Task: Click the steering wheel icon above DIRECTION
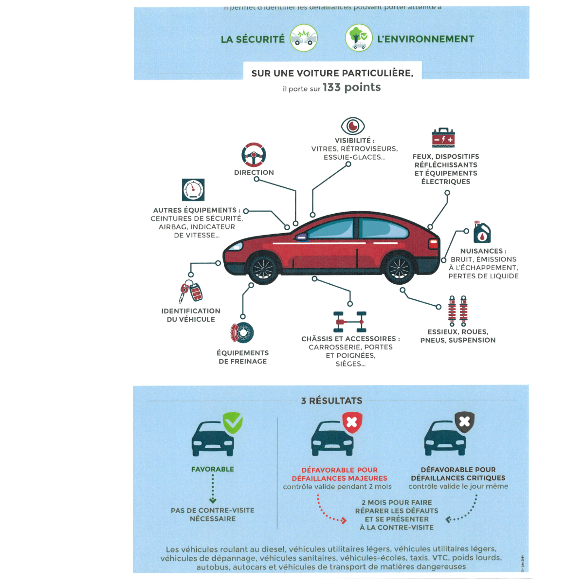254,155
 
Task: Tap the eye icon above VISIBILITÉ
353,126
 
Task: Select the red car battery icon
443,138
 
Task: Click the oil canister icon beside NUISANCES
482,233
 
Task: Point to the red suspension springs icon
457,311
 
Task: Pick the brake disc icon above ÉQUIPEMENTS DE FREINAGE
242,332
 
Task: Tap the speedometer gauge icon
193,190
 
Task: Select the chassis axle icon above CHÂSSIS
350,322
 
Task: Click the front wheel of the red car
263,268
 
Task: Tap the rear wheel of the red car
399,268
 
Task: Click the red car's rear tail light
433,244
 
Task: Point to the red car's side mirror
301,238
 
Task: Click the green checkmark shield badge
233,422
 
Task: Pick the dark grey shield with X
464,421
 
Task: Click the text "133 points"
352,88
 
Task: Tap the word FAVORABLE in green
213,469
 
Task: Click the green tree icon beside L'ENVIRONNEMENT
359,38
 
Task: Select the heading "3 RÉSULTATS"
332,401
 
